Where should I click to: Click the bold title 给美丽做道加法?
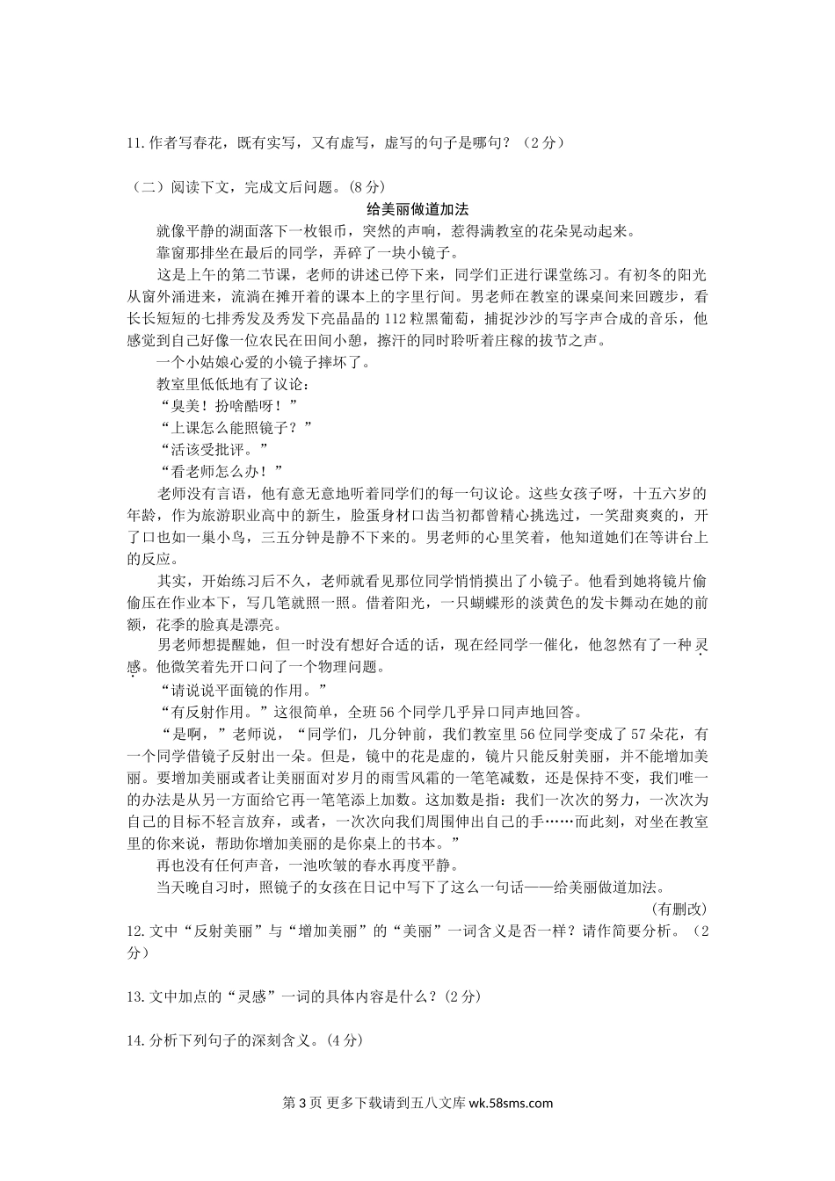point(417,209)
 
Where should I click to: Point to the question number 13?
point(135,996)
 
